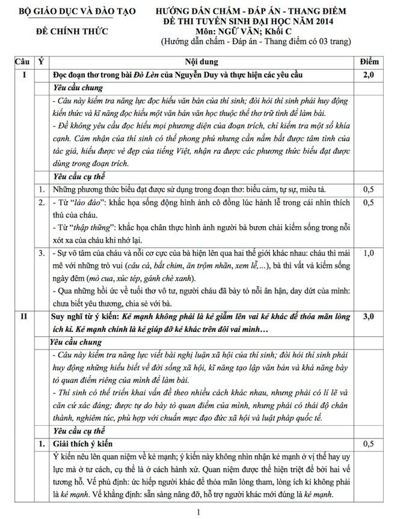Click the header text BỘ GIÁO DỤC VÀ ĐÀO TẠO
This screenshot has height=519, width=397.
click(77, 11)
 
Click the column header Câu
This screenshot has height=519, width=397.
click(23, 62)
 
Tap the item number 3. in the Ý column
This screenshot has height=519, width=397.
click(41, 253)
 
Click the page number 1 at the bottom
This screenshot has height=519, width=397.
click(198, 512)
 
